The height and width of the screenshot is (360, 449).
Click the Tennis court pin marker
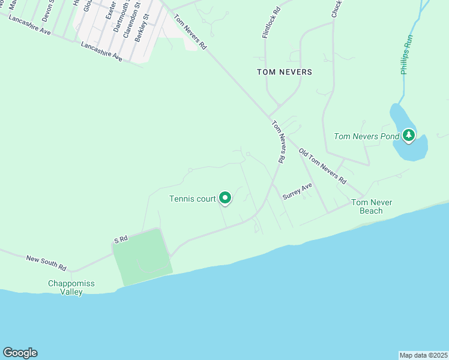[225, 197]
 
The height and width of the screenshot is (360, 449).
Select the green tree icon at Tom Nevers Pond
[409, 136]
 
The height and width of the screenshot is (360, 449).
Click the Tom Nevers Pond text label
[366, 136]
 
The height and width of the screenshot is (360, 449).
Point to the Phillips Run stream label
[408, 56]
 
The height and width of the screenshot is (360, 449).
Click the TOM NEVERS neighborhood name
[285, 72]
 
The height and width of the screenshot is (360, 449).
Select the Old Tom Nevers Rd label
[323, 167]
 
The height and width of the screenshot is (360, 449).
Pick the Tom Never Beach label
[372, 206]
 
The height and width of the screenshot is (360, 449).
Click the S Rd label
[121, 239]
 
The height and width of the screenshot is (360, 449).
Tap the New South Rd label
[46, 262]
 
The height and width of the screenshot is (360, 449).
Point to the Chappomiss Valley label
[71, 287]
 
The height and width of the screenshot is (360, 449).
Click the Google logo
[20, 353]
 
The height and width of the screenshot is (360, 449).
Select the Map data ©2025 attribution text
[423, 355]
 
